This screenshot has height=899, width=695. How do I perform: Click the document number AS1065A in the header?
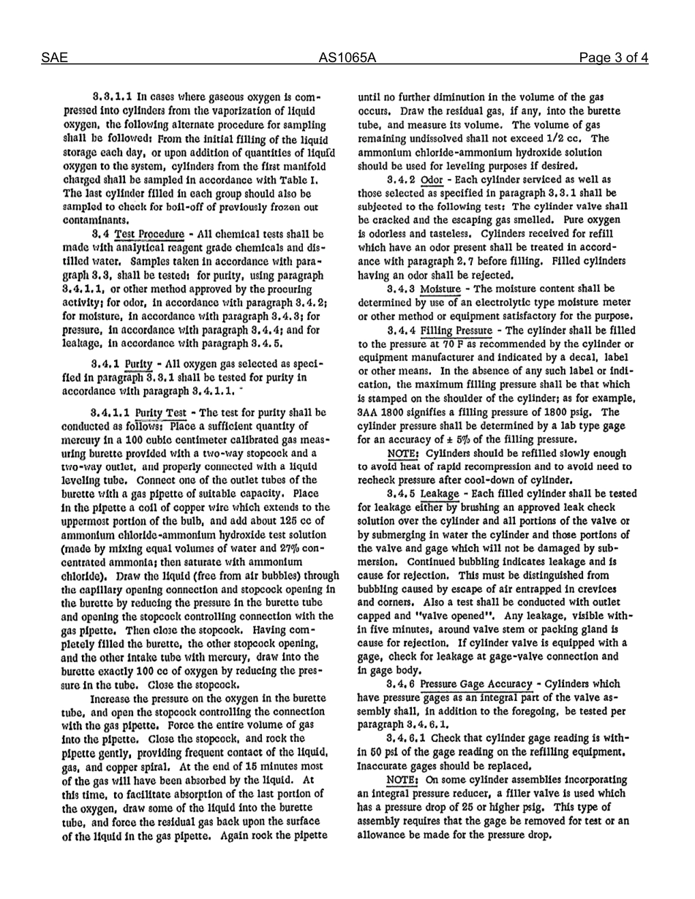(347, 58)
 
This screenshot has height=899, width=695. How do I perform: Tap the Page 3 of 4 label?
(613, 58)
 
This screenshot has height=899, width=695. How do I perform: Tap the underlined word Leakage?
(440, 494)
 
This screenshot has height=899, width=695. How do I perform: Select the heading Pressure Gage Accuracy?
(476, 684)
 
